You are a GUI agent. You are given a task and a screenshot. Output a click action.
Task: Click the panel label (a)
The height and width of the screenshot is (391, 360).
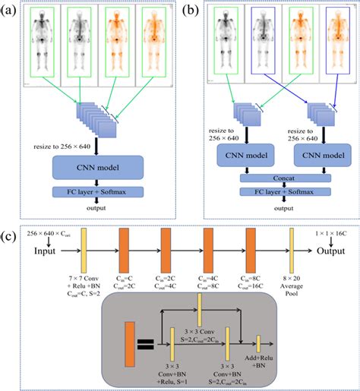pos(12,11)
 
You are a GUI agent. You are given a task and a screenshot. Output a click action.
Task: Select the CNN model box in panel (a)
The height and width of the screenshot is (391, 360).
pos(97,167)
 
